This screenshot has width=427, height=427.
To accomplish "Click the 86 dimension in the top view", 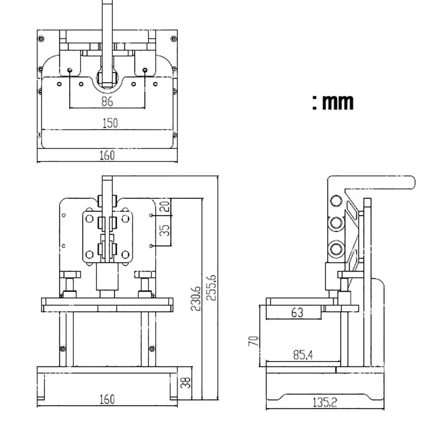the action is click(107, 101).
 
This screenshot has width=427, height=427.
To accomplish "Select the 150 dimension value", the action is click(110, 123).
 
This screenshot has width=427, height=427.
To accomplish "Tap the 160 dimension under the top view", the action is click(107, 155).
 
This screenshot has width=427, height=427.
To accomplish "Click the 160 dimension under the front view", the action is click(107, 399).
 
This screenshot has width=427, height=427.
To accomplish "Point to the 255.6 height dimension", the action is click(211, 287).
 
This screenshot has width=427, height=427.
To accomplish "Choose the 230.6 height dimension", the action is click(196, 298).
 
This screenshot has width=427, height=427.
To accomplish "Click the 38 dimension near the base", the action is click(185, 382).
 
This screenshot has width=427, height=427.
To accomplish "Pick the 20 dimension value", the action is click(164, 206).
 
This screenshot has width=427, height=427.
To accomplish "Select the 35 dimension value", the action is click(164, 231).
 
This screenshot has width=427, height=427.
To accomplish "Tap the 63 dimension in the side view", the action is click(297, 313).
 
